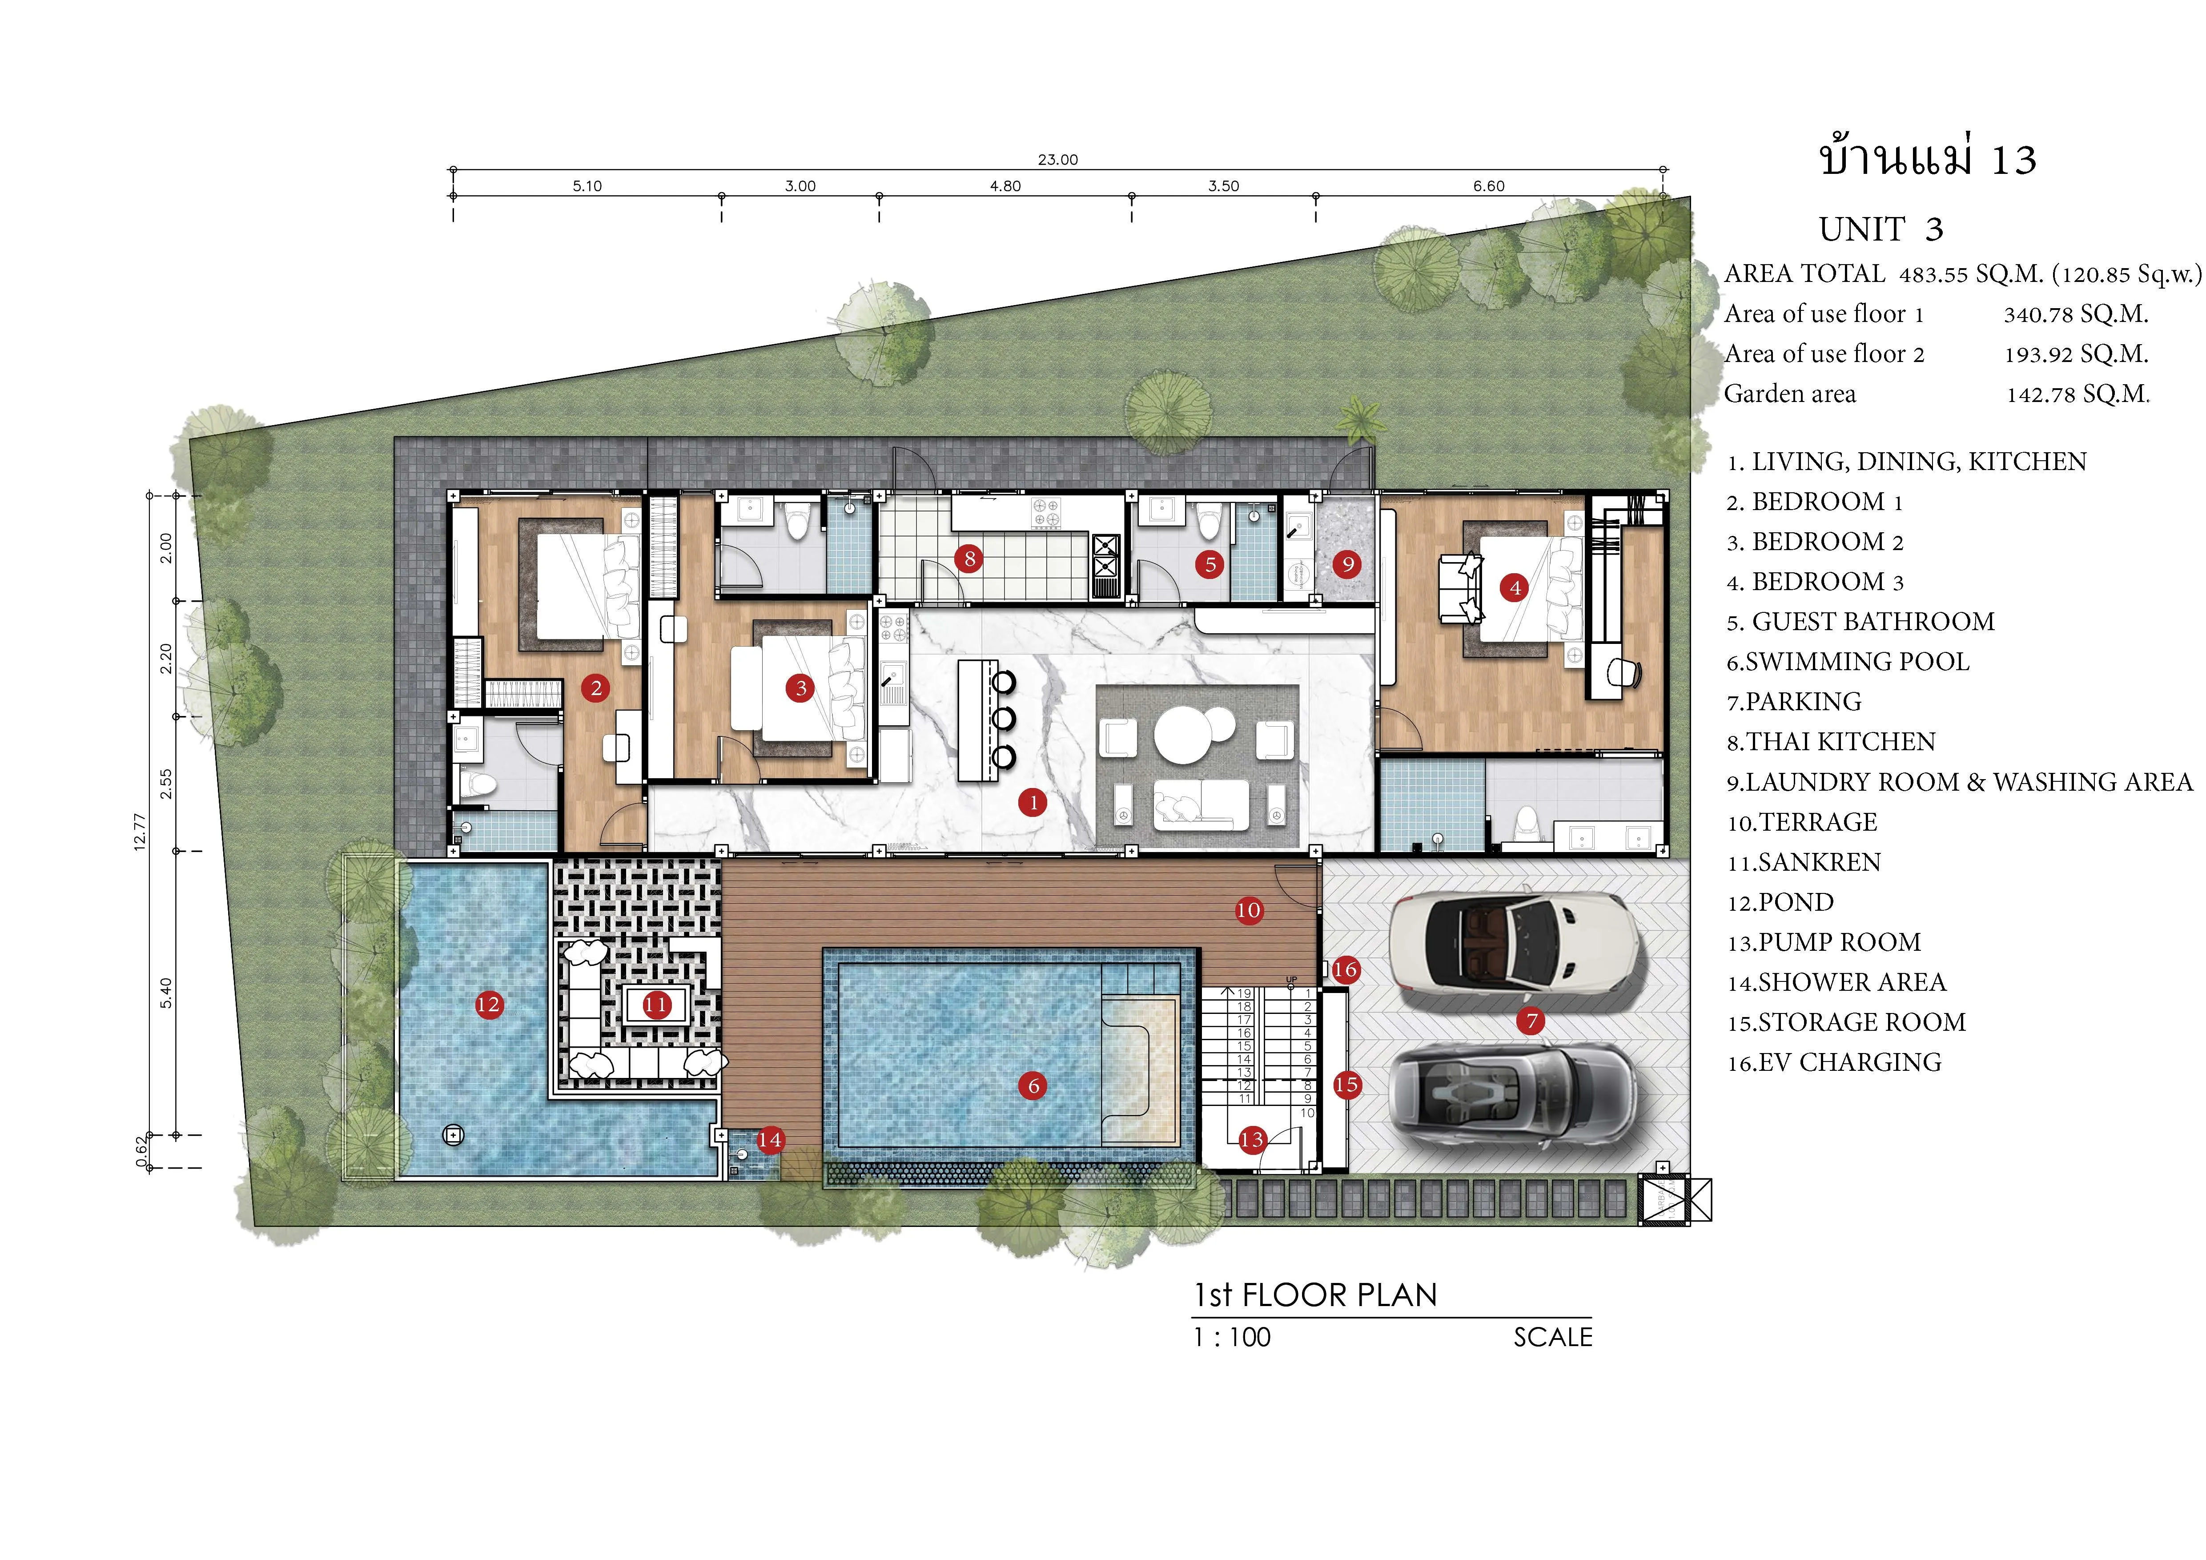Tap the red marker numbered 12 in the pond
[x=488, y=1005]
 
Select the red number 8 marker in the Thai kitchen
[x=968, y=558]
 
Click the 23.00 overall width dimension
[x=1058, y=160]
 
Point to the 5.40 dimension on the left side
[x=166, y=992]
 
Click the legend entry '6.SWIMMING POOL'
[x=1848, y=662]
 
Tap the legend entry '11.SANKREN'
[x=1804, y=863]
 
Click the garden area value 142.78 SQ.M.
[x=2077, y=394]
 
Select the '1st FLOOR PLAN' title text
[x=1314, y=1295]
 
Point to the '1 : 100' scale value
[x=1232, y=1337]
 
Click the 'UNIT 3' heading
[x=1881, y=229]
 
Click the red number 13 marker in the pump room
[x=1251, y=1140]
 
